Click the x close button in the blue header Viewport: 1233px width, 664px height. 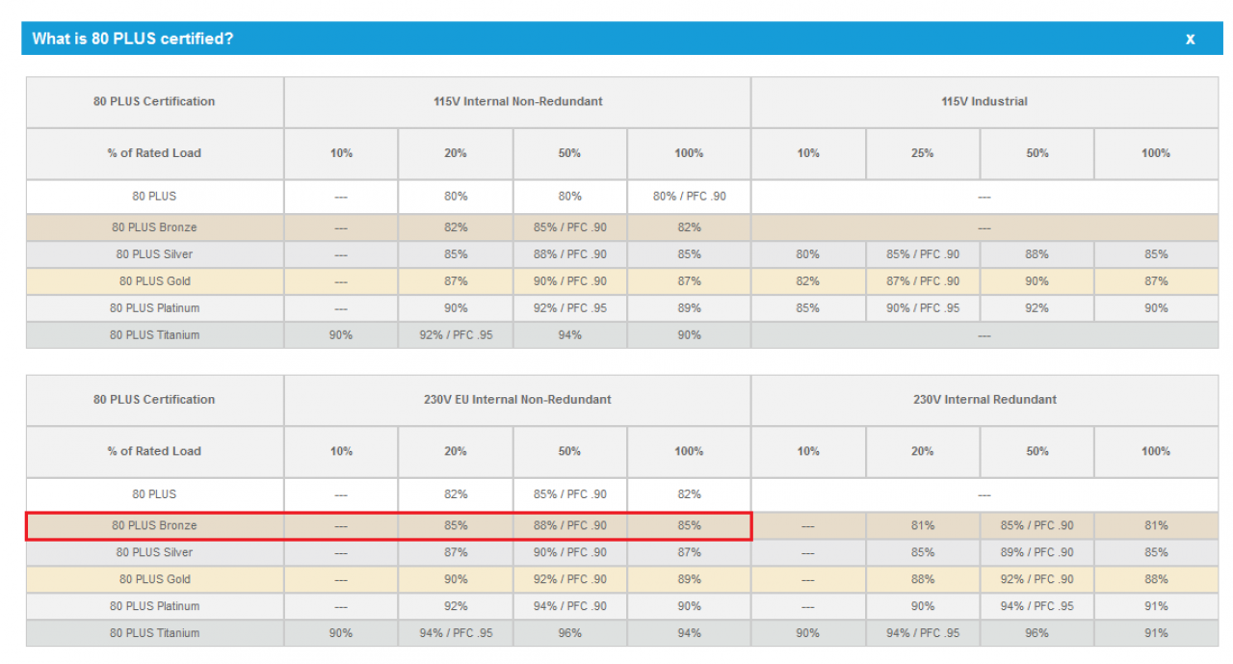(x=1190, y=40)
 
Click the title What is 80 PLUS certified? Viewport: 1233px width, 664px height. (x=133, y=39)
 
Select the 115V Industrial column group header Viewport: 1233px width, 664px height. (x=984, y=101)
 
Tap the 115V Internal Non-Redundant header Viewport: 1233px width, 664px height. (x=517, y=101)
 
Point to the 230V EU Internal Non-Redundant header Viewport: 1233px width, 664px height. (x=517, y=399)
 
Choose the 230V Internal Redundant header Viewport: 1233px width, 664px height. (x=984, y=399)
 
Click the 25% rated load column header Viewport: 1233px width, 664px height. (x=922, y=153)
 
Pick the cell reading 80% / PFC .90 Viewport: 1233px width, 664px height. (x=689, y=196)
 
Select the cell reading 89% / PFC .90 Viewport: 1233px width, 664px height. (x=1036, y=552)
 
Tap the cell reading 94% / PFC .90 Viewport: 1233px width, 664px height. (x=569, y=606)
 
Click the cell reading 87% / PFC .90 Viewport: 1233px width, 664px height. (x=923, y=281)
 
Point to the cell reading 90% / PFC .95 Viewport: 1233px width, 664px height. (x=923, y=308)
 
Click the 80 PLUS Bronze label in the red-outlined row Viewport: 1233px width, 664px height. (x=154, y=525)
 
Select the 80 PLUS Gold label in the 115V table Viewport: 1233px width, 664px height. (x=155, y=281)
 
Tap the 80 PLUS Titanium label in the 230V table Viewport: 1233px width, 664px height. (x=154, y=633)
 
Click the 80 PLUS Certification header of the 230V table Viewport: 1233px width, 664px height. (x=154, y=399)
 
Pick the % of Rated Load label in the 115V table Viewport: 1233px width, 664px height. (x=154, y=153)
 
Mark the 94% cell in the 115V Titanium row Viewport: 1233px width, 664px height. (x=569, y=334)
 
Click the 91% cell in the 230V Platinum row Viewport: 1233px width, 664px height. (x=1156, y=606)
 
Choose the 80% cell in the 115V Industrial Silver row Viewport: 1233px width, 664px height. (x=807, y=254)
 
